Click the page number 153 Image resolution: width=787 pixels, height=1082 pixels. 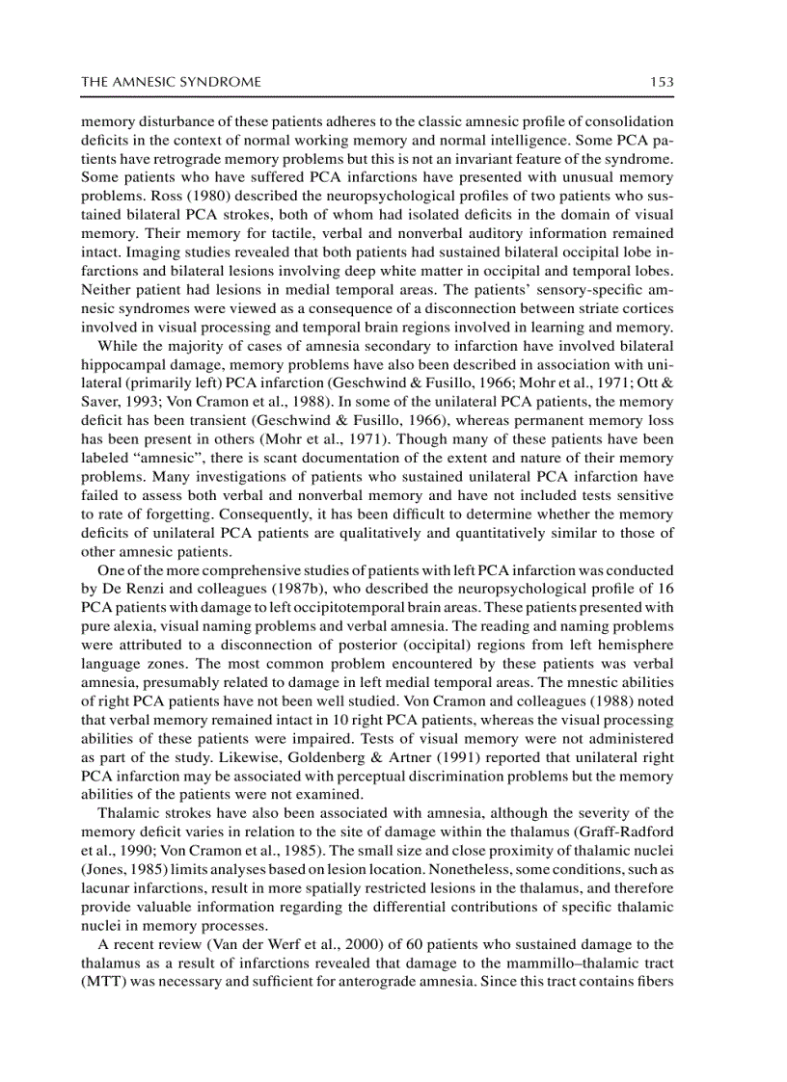click(x=661, y=83)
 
